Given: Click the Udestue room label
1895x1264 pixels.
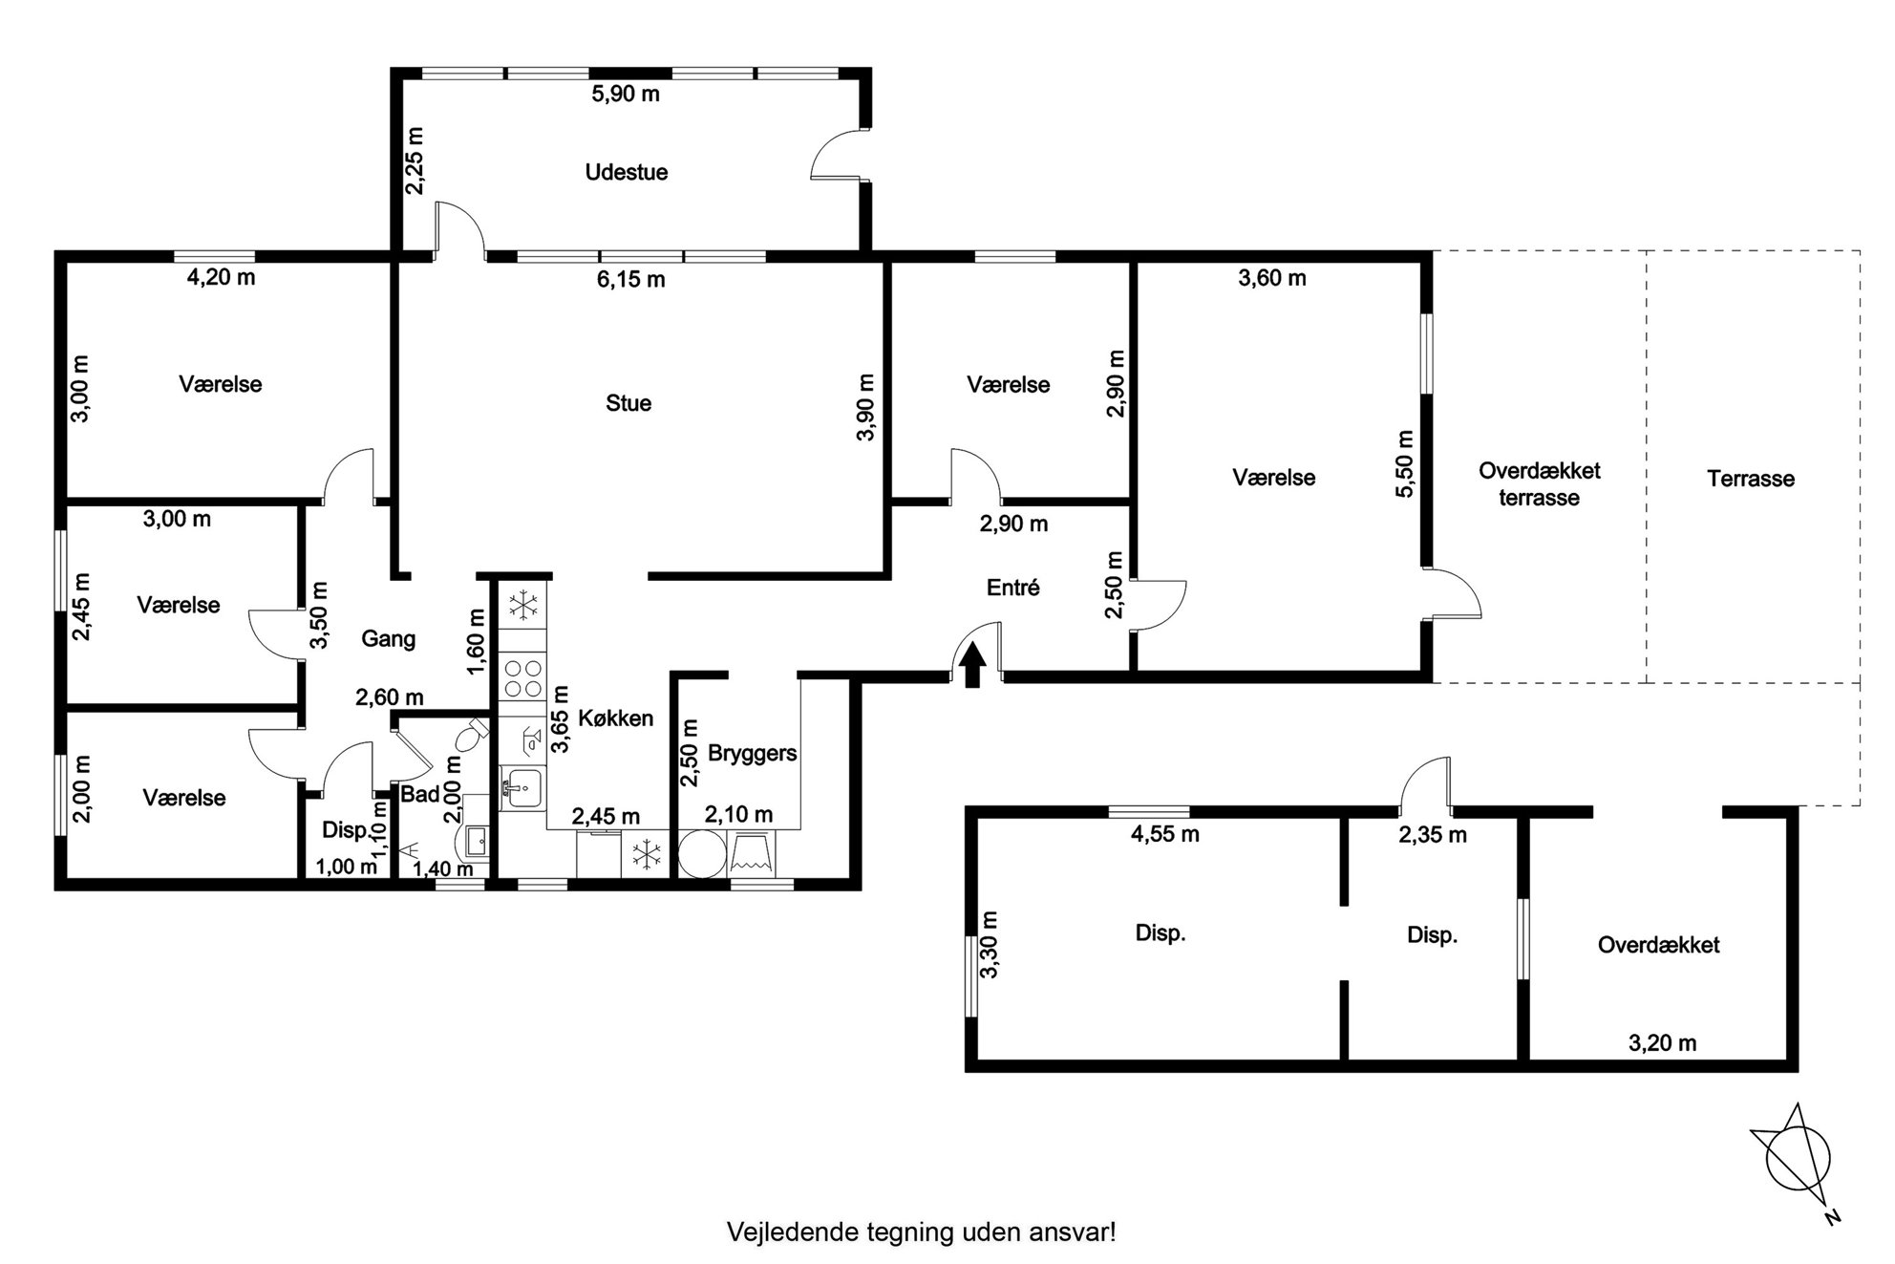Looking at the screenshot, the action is click(x=626, y=172).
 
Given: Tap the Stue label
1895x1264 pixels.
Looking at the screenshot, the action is click(x=628, y=403).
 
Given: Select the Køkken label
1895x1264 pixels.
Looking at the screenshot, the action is click(x=616, y=718).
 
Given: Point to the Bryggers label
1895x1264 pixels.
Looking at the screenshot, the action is click(x=752, y=753).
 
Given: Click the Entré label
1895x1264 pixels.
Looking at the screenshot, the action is click(x=1012, y=588).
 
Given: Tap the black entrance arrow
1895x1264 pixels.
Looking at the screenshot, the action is click(x=972, y=666).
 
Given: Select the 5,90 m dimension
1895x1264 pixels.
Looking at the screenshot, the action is click(x=626, y=94).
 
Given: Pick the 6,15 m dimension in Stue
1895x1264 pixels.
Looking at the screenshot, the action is click(x=630, y=279).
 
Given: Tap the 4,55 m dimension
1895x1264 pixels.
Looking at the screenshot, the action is click(x=1164, y=834).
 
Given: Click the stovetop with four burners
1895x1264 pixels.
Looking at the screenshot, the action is click(x=522, y=677).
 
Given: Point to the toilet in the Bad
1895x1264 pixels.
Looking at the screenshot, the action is click(x=471, y=737).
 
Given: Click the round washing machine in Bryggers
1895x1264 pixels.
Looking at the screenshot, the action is click(x=702, y=854).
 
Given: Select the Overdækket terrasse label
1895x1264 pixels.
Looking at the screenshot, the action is click(x=1539, y=483).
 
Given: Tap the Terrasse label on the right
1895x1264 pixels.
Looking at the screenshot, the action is click(x=1751, y=479).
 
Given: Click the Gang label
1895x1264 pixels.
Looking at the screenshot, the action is click(x=388, y=638).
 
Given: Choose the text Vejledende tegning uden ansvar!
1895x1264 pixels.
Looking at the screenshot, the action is click(x=922, y=1232).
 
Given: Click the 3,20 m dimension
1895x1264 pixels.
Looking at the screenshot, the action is click(x=1662, y=1042).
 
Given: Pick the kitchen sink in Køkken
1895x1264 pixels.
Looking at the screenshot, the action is click(x=522, y=789).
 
